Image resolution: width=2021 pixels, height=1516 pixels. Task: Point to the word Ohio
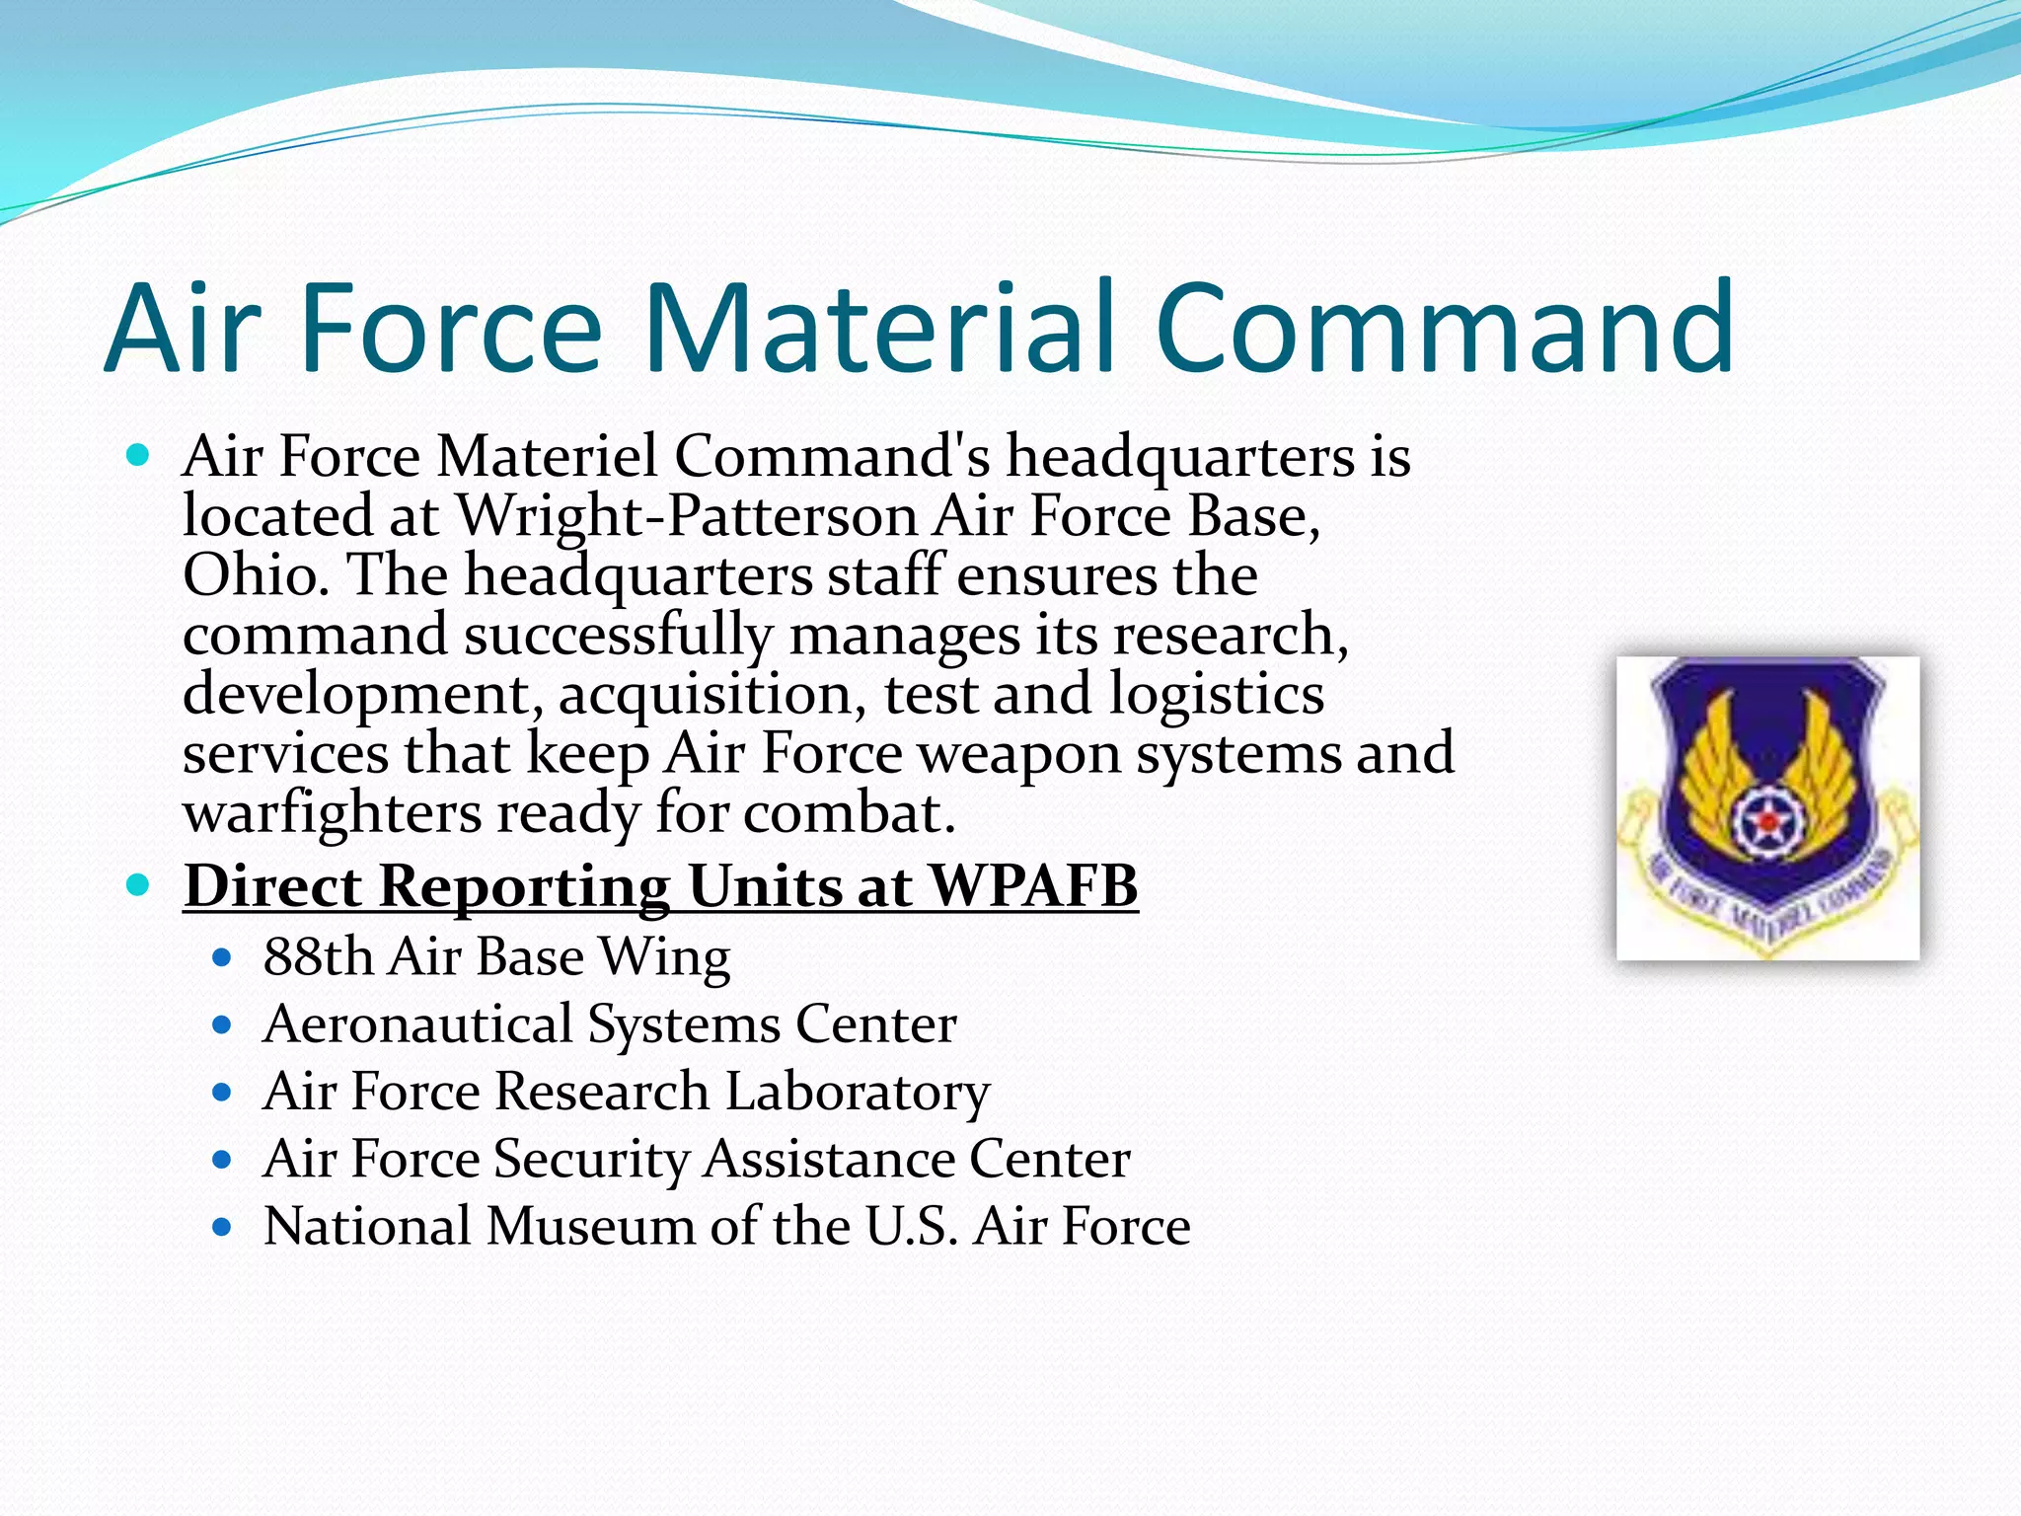pyautogui.click(x=255, y=575)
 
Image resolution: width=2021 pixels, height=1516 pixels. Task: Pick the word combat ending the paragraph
pyautogui.click(x=849, y=815)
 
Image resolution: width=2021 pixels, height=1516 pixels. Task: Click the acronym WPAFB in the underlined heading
pyautogui.click(x=1033, y=885)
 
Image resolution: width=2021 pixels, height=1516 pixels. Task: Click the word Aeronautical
pyautogui.click(x=417, y=1024)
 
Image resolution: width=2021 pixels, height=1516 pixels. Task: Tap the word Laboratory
pyautogui.click(x=858, y=1093)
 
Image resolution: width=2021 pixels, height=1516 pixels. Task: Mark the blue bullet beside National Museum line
pyautogui.click(x=222, y=1228)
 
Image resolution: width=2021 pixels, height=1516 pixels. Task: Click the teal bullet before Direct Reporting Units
pyautogui.click(x=138, y=885)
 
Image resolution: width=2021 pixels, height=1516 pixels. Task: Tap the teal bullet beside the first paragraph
pyautogui.click(x=138, y=456)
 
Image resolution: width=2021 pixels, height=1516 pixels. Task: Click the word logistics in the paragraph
pyautogui.click(x=1216, y=695)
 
